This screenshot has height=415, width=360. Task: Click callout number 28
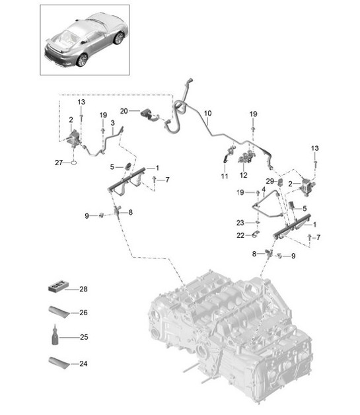[x=83, y=289]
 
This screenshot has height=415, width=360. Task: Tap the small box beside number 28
[x=59, y=287]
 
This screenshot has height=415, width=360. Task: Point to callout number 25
[x=83, y=337]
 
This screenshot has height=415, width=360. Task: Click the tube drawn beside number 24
[x=58, y=362]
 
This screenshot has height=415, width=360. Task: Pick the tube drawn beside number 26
[x=58, y=311]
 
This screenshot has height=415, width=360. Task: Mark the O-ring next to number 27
[x=75, y=162]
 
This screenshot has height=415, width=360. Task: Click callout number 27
[x=58, y=162]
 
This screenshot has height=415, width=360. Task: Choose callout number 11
[x=224, y=176]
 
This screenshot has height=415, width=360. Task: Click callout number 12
[x=243, y=176]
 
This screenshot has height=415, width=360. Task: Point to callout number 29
[x=270, y=180]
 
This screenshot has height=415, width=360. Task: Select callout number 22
[x=241, y=236]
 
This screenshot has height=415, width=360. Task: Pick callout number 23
[x=241, y=223]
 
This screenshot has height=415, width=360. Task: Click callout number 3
[x=113, y=123]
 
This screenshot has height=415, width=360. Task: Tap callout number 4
[x=264, y=190]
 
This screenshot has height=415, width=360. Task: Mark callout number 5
[x=113, y=166]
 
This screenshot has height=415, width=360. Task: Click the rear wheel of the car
[x=82, y=59]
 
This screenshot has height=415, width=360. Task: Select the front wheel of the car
[x=118, y=38]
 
